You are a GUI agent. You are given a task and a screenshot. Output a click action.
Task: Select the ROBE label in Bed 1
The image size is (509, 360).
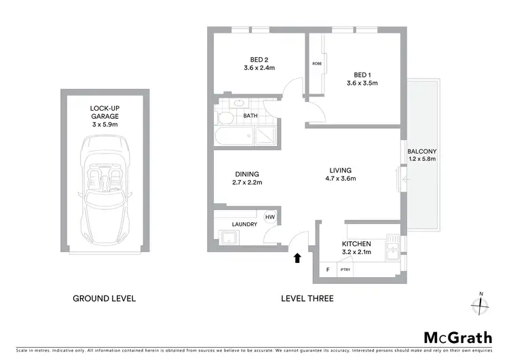(316, 64)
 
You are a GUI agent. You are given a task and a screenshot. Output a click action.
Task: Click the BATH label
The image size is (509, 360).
(250, 116)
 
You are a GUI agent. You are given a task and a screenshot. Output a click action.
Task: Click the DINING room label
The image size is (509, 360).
(246, 174)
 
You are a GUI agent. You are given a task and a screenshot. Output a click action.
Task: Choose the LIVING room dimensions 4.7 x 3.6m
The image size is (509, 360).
(340, 179)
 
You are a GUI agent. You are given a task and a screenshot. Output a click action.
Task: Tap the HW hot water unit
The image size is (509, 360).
(269, 217)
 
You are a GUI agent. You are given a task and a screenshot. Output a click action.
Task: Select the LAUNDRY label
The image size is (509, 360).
(244, 224)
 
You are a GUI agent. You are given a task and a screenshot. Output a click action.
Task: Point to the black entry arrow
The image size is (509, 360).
(297, 258)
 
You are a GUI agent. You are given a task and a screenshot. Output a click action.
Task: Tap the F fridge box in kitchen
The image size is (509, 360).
(328, 270)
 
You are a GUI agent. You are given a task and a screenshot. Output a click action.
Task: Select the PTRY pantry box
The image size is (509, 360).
(345, 270)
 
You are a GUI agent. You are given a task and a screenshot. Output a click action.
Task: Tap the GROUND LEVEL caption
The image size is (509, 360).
(104, 298)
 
